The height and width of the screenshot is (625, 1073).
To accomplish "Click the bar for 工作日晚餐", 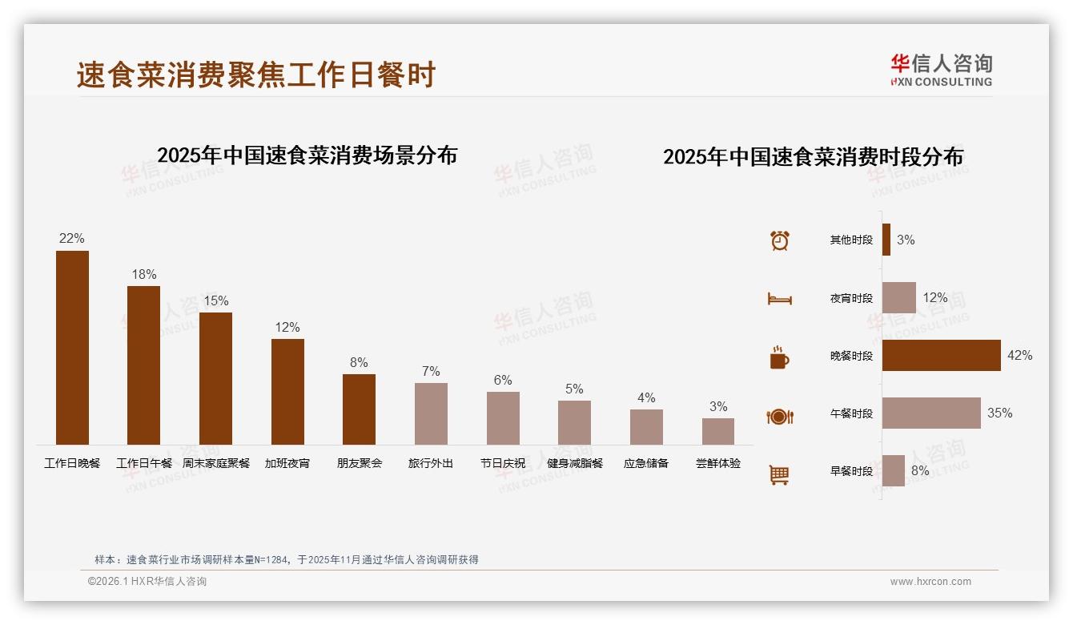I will [72, 348].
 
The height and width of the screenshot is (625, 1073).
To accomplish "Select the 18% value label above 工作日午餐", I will [144, 275].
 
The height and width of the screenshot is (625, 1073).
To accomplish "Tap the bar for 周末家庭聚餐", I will [215, 378].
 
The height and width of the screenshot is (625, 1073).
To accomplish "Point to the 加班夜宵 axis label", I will [287, 463].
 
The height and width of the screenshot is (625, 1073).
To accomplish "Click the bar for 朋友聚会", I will [359, 409].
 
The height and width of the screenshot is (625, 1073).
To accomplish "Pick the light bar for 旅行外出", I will [431, 413].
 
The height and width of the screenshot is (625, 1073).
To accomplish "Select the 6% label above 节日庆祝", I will [503, 381].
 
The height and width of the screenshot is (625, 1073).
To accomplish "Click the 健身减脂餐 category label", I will [574, 463].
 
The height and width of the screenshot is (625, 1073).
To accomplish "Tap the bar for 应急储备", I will [646, 427].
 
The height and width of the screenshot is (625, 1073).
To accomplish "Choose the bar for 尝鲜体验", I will [718, 431].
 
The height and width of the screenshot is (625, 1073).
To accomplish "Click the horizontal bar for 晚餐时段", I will [941, 356].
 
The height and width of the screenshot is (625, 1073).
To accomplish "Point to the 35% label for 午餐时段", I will [999, 413].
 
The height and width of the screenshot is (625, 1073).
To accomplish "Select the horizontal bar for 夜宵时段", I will [898, 298].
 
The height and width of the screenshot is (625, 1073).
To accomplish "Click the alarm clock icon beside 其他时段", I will [780, 240].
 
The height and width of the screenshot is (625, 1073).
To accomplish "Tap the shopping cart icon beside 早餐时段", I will [779, 474].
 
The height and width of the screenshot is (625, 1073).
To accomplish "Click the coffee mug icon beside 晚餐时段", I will [779, 357].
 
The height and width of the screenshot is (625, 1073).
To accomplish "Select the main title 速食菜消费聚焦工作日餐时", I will [256, 75].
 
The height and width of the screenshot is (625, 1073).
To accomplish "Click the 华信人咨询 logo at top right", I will [941, 69].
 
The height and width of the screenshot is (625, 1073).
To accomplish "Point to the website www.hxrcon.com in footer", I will [930, 582].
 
